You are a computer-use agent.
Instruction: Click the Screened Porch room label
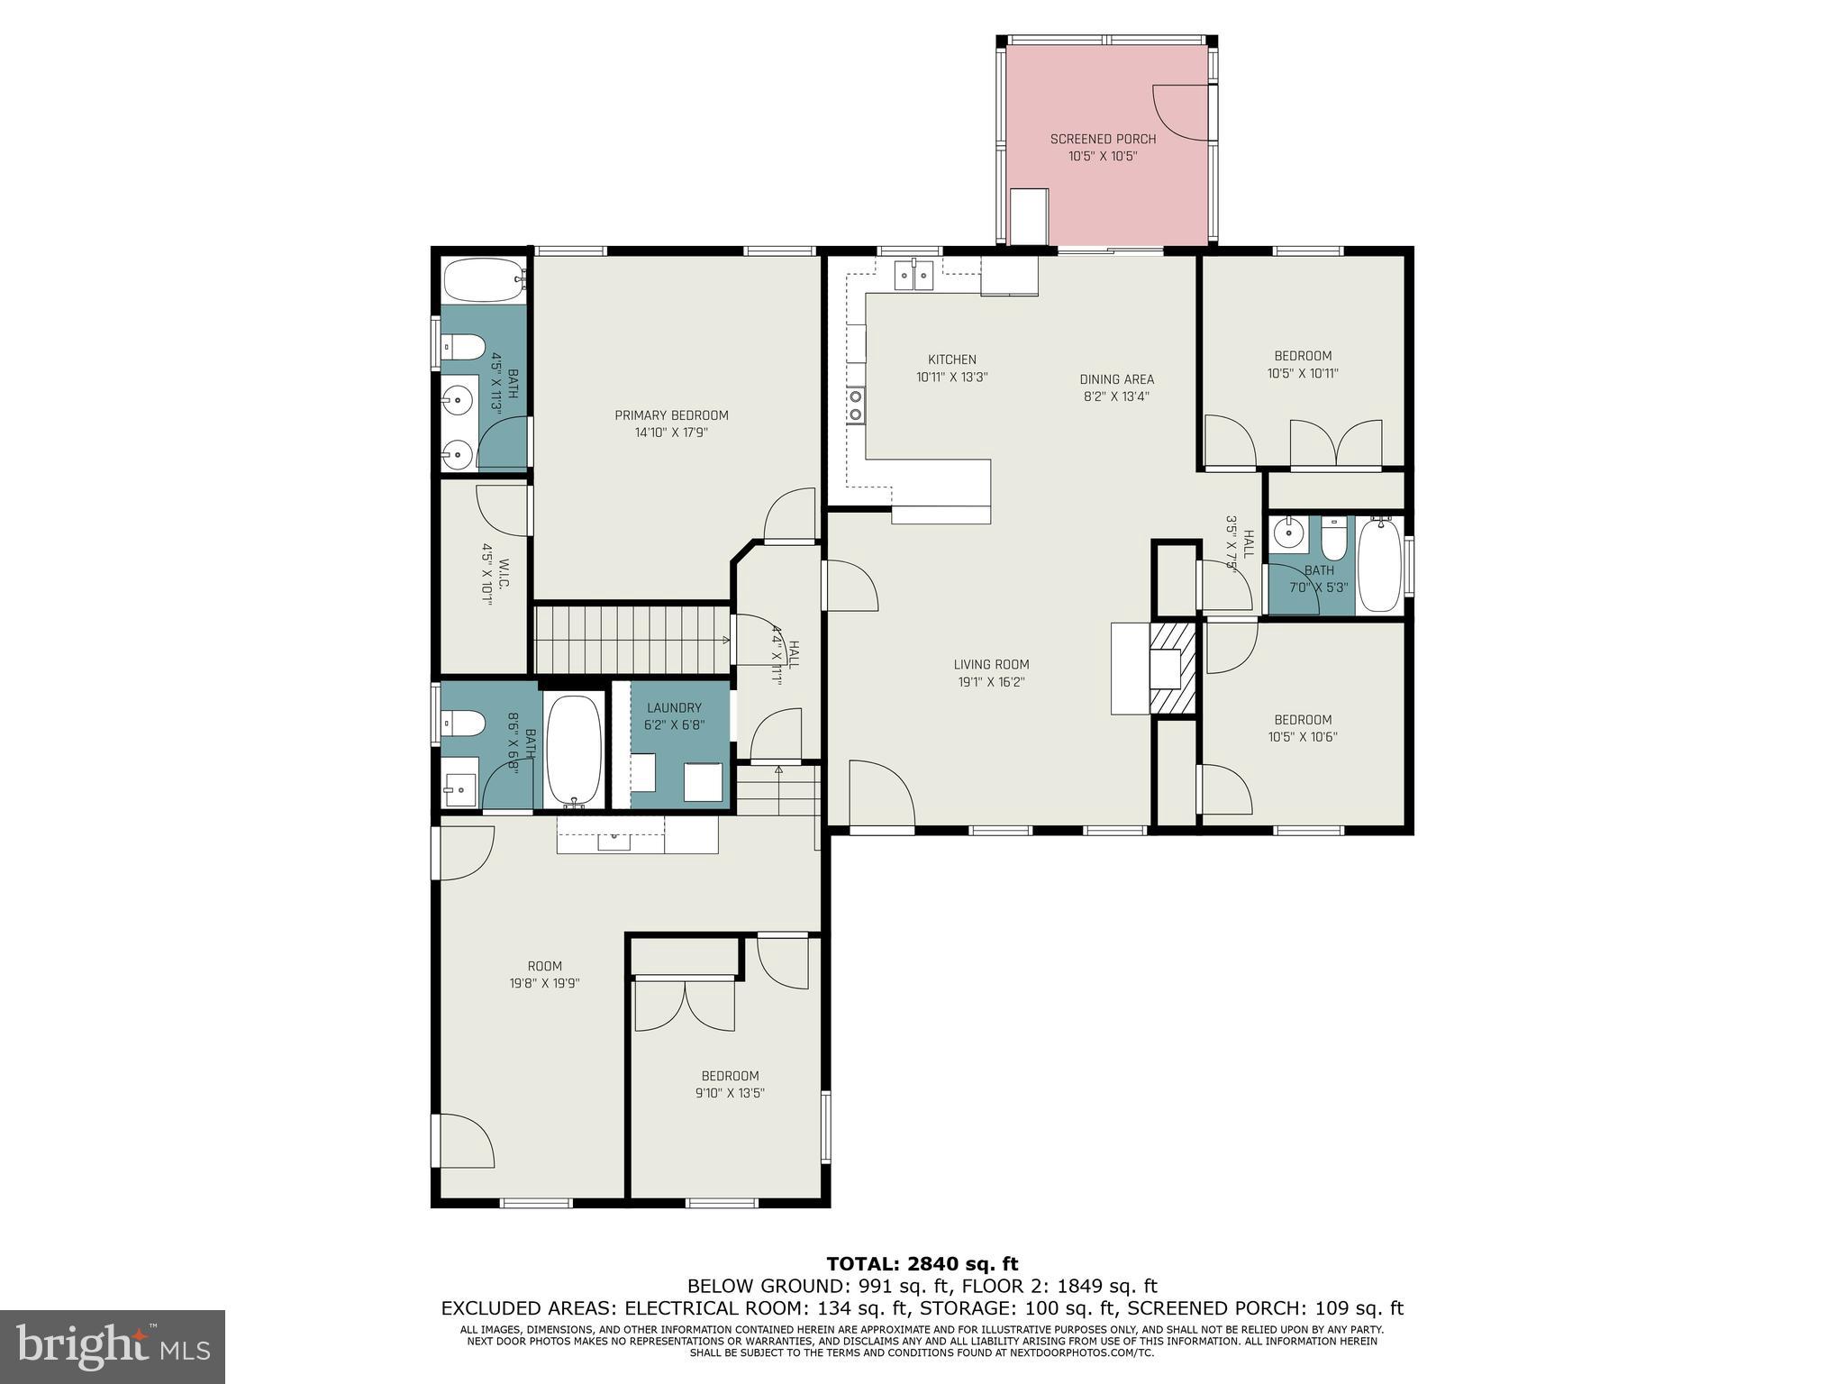tap(1103, 140)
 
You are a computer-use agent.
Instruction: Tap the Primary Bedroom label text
tap(671, 415)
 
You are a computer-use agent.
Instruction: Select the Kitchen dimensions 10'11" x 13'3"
tap(952, 378)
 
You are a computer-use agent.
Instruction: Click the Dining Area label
tap(1116, 379)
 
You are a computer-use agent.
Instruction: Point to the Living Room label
tap(991, 665)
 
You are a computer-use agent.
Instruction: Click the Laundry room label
tap(674, 708)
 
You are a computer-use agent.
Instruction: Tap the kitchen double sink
tap(913, 275)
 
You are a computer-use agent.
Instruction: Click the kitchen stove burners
tap(855, 405)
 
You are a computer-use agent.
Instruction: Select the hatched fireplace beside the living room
tap(1174, 668)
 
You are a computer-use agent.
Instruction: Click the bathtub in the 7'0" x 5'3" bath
tap(1378, 565)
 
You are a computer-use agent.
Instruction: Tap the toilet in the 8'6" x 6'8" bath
tap(463, 723)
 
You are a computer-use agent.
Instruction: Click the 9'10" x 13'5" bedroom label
tap(730, 1076)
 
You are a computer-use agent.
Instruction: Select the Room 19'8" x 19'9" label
tap(544, 967)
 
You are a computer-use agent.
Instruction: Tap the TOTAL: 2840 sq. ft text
tap(922, 1264)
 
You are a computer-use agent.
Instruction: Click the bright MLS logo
tap(112, 1347)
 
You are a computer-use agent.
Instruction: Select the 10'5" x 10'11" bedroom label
tap(1302, 356)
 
